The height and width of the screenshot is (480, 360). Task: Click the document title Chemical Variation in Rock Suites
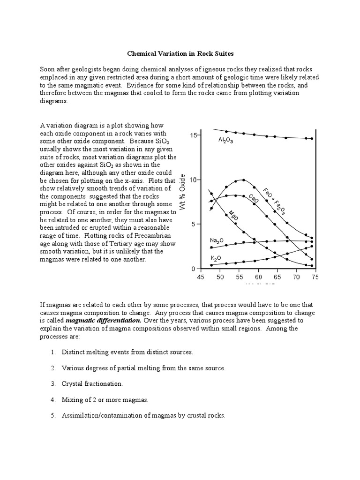point(180,54)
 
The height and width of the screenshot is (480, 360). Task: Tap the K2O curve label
point(216,258)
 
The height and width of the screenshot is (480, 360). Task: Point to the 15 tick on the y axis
point(193,135)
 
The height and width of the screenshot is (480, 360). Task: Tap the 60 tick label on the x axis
point(258,277)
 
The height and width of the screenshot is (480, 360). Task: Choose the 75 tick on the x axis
point(315,277)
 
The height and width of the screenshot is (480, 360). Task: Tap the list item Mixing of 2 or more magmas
point(105,399)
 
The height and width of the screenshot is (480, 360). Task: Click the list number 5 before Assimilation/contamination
point(53,415)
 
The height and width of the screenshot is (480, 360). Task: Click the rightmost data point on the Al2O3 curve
point(312,139)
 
